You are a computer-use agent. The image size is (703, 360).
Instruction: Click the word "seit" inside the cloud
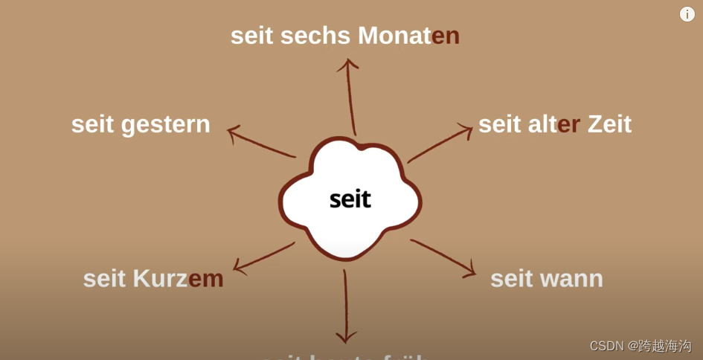coord(350,199)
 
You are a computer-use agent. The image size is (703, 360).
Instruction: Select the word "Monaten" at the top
coord(408,36)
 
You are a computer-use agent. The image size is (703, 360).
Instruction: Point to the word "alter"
coord(554,123)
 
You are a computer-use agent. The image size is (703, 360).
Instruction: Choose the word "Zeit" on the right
coord(609,123)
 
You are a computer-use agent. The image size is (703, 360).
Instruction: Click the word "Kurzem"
coord(178,278)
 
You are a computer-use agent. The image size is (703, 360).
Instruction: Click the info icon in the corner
coord(687,14)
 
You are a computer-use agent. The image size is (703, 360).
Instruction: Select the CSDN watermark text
coord(640,346)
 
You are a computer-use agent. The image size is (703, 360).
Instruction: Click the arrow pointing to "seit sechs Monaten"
coord(350,97)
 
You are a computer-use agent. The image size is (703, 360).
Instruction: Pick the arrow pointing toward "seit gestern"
coord(260,142)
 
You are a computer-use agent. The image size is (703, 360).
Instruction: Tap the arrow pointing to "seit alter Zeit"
coord(440,144)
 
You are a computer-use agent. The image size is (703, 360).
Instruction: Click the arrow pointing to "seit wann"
coord(443,257)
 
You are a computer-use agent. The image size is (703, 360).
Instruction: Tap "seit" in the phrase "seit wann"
coord(512,279)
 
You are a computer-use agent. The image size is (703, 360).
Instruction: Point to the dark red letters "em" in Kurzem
coord(206,278)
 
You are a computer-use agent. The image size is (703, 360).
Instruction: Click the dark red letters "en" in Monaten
coord(446,36)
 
